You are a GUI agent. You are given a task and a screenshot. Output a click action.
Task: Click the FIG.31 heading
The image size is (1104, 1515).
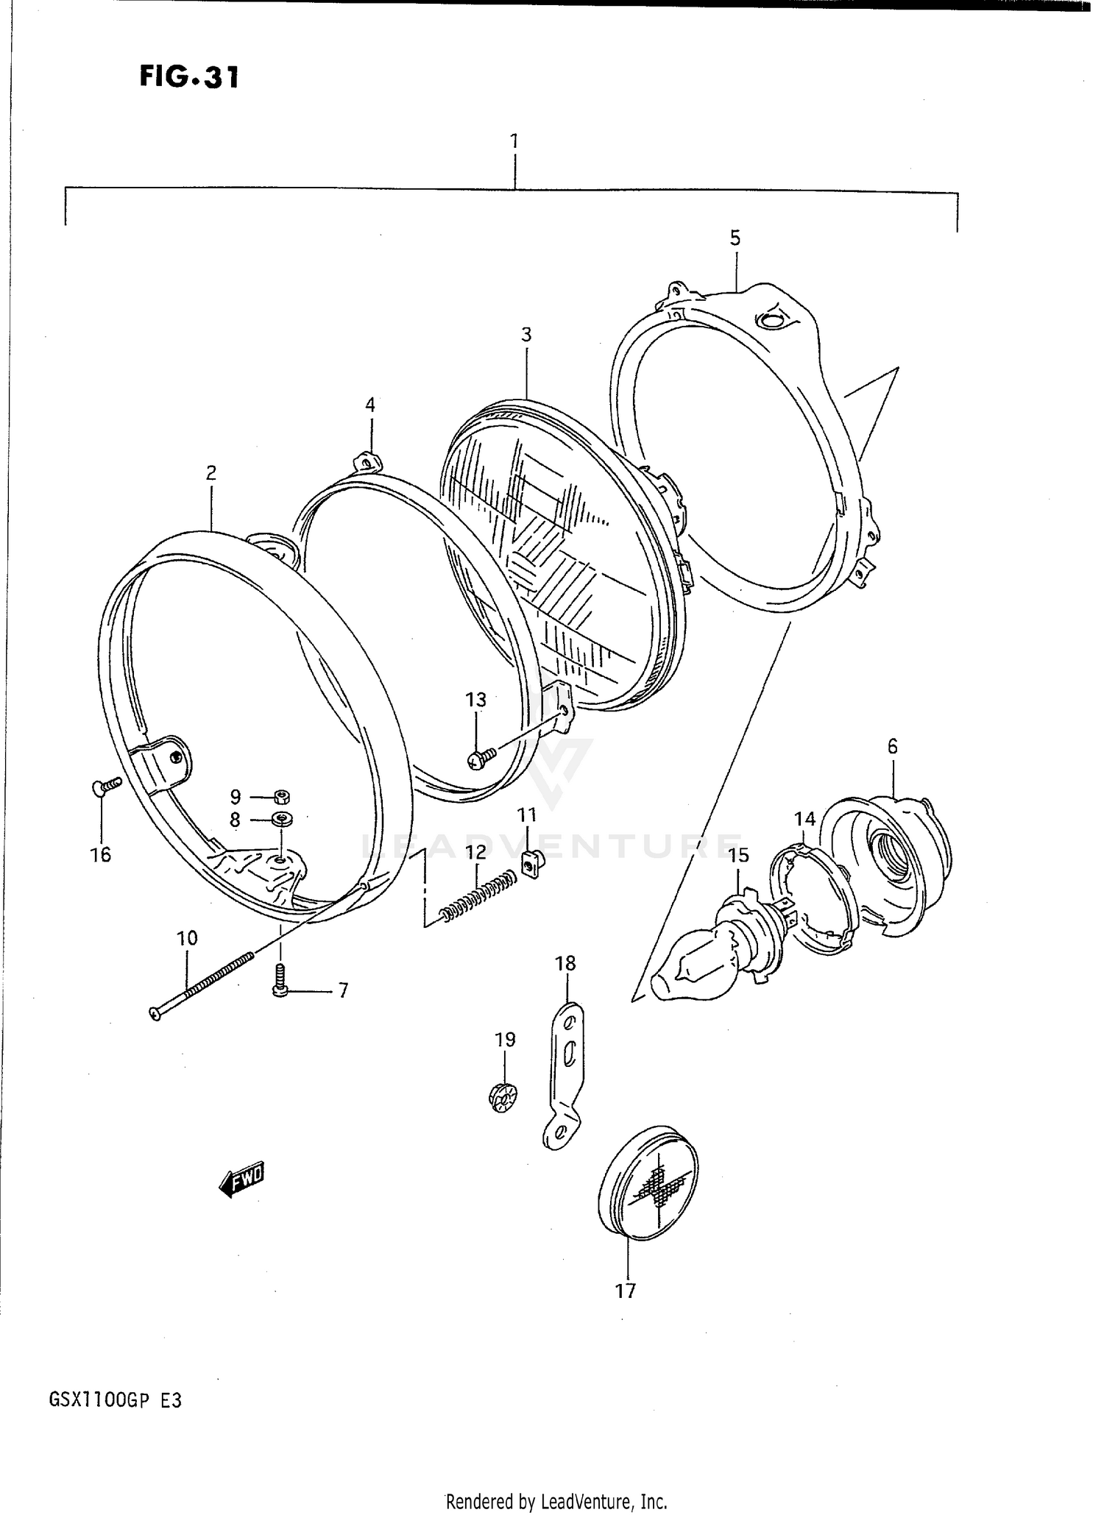189,76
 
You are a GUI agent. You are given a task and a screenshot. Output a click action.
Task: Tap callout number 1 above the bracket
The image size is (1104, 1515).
514,140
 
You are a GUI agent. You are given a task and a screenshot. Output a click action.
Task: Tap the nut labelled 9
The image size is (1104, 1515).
280,796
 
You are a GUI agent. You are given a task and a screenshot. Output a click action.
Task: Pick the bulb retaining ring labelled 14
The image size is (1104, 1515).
813,899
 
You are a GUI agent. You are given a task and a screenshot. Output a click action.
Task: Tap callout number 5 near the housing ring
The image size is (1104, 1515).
735,238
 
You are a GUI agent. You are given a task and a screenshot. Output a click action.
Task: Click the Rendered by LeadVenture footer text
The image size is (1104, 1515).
556,1501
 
